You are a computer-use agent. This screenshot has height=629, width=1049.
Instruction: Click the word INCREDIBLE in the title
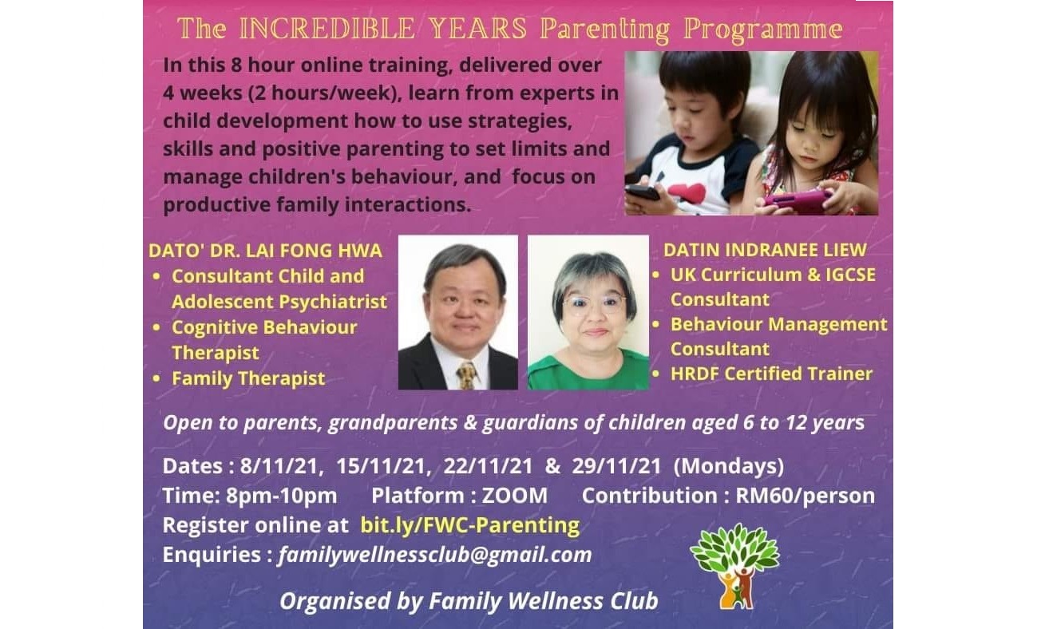327,29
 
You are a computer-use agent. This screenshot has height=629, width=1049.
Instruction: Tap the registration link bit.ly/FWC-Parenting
469,525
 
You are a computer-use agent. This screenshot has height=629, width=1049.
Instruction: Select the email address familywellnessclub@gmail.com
435,555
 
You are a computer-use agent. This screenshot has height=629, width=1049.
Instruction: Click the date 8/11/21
279,466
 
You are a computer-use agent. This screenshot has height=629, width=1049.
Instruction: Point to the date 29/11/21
616,466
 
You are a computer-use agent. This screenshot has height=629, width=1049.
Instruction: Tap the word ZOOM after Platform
515,496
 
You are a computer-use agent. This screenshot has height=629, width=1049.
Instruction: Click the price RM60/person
805,496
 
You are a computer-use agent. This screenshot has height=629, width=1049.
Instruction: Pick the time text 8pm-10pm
282,496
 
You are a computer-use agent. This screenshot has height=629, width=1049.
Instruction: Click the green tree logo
735,565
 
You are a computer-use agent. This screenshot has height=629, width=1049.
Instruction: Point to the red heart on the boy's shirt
687,192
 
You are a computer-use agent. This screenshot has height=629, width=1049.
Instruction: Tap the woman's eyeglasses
594,304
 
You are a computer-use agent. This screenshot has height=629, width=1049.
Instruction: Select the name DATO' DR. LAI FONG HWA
266,251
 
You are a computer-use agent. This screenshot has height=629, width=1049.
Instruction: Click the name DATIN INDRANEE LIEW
766,250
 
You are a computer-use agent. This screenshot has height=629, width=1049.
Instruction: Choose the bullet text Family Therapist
248,378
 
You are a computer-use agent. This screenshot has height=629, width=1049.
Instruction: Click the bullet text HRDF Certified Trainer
772,374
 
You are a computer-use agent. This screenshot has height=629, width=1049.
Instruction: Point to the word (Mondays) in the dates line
729,466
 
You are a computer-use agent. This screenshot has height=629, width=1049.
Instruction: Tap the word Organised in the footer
334,601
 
